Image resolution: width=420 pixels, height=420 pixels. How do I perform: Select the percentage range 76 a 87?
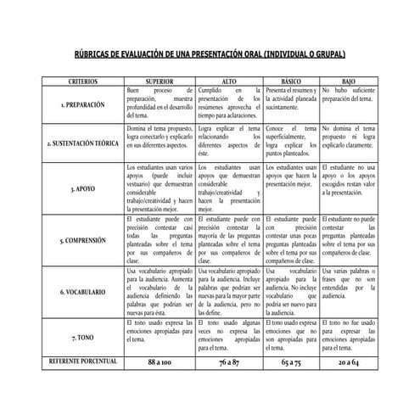pyautogui.click(x=229, y=362)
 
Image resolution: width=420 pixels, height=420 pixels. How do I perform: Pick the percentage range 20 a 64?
pyautogui.click(x=348, y=362)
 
